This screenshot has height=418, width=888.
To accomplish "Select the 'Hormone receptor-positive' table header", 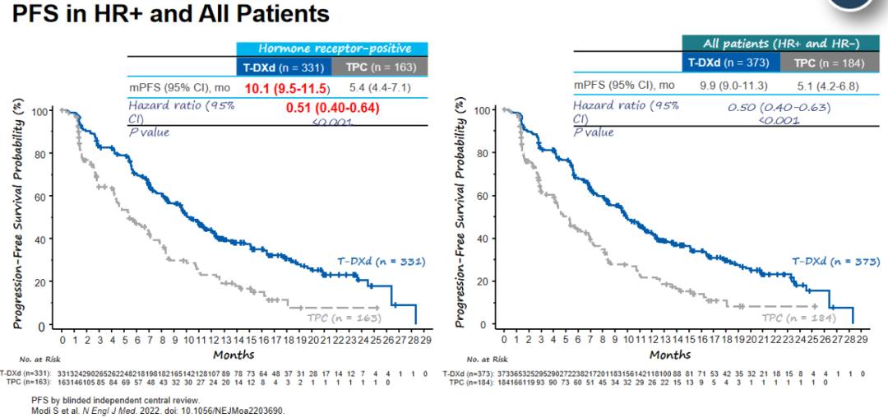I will pyautogui.click(x=332, y=49).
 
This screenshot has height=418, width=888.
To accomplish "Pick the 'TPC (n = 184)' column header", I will pyautogui.click(x=828, y=63).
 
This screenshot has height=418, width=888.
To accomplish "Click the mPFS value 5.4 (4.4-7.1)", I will pyautogui.click(x=381, y=87).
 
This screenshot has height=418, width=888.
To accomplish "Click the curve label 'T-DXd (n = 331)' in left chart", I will pyautogui.click(x=381, y=262).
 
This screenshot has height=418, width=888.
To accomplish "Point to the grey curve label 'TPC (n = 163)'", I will pyautogui.click(x=342, y=318).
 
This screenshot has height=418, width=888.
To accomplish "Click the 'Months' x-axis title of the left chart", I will pyautogui.click(x=234, y=355).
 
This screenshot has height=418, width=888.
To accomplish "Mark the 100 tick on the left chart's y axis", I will pyautogui.click(x=39, y=110).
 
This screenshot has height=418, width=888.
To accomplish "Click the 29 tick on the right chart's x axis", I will pyautogui.click(x=863, y=338).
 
